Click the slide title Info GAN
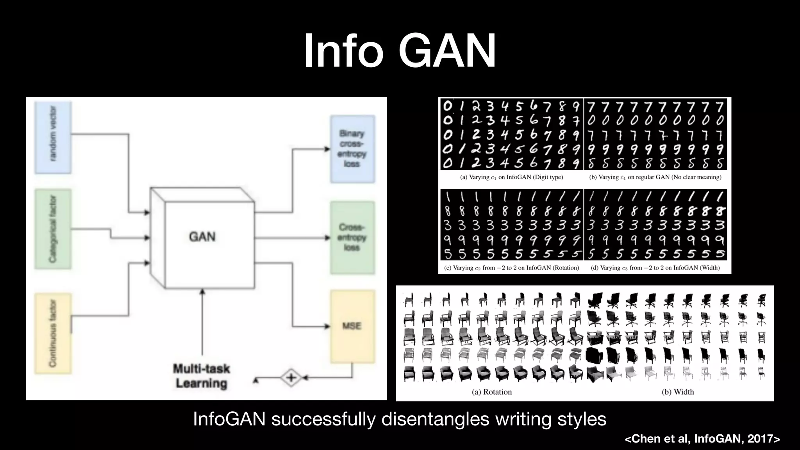pos(400,51)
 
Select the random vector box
pos(53,137)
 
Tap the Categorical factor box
pos(53,229)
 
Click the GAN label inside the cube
pos(202,237)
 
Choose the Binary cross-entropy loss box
pos(352,149)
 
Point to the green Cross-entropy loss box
pos(352,237)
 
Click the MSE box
pos(352,326)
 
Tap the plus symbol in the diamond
pos(291,378)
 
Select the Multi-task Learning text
pos(202,376)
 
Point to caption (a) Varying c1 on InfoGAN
pos(511,177)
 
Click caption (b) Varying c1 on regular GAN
pos(655,177)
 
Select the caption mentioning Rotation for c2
pos(511,268)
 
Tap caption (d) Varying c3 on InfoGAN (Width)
pos(655,268)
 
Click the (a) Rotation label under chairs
pos(492,392)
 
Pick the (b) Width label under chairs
pos(678,392)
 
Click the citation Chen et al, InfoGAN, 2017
pos(702,439)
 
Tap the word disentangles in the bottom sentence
pos(435,419)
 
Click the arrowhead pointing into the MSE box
pos(327,326)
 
